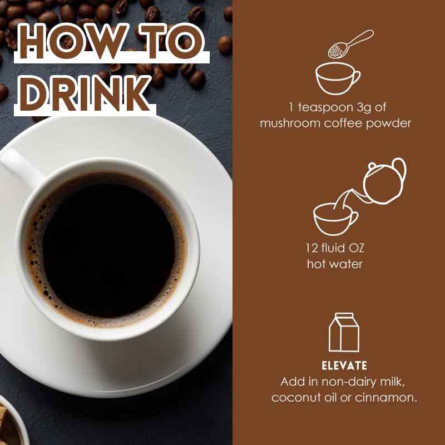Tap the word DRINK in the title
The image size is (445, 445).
coord(85,93)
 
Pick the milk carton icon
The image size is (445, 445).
coord(344,332)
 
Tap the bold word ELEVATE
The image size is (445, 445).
coord(344,366)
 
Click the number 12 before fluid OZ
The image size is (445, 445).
coord(311,248)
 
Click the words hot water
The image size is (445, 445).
coord(335,264)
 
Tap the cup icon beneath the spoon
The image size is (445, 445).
coord(338,78)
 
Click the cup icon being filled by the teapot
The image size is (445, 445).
coord(335,219)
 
